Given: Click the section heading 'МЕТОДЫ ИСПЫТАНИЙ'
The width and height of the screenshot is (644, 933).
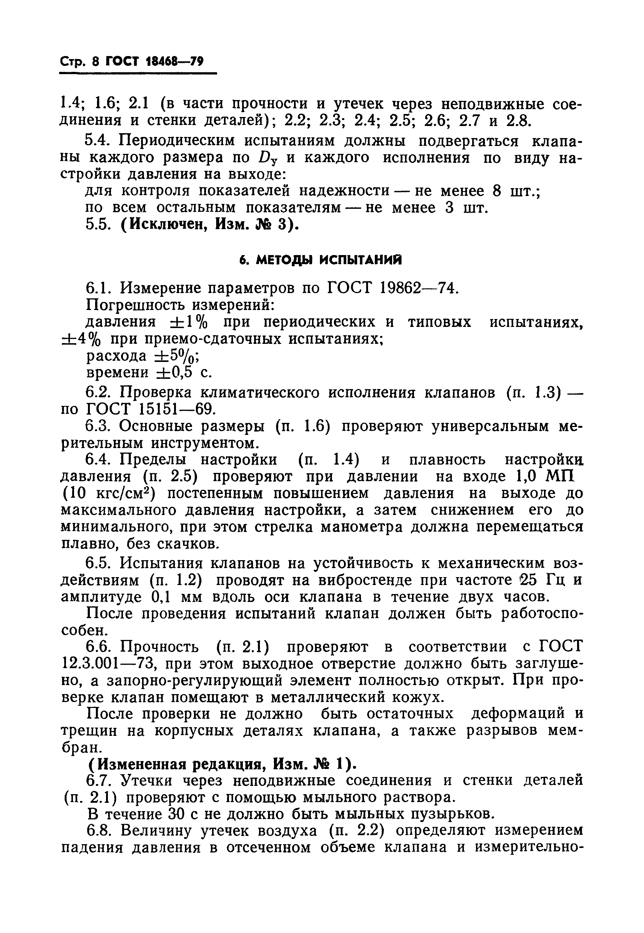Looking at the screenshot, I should coord(321,260).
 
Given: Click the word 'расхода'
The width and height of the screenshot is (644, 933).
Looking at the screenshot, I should coord(117,356).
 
